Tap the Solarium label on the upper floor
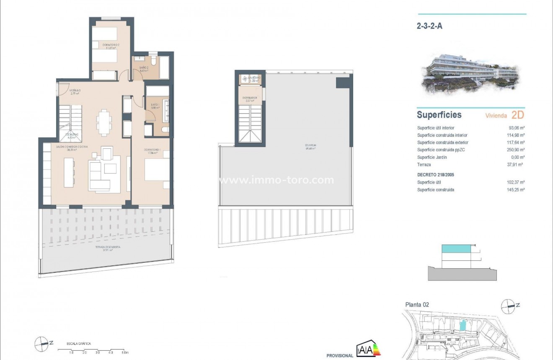pos(310,146)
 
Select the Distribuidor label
pos(249,99)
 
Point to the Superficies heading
pos(439,115)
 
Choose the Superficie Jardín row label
pos(432,157)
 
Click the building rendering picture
pos(470,74)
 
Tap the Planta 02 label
pos(417,305)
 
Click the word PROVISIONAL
pos(340,356)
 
